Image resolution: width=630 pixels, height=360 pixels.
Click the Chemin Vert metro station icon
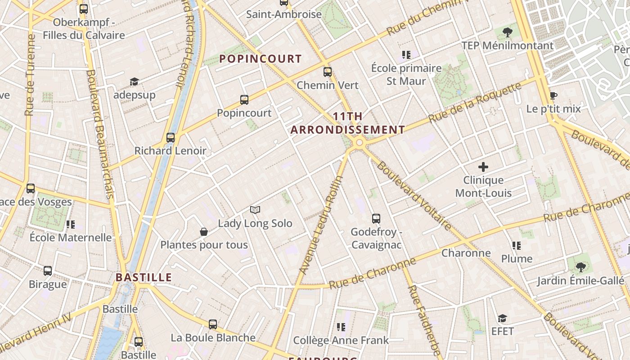click(328, 72)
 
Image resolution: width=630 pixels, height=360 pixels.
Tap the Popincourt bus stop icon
click(244, 99)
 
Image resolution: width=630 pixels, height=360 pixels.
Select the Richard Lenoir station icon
click(170, 137)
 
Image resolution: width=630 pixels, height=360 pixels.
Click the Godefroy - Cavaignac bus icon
click(376, 219)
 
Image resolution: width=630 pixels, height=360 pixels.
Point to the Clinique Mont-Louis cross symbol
click(483, 167)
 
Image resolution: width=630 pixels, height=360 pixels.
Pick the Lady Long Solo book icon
click(255, 210)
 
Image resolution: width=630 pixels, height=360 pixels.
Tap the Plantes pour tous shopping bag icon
click(204, 232)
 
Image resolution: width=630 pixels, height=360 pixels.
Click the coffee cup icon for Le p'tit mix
click(553, 96)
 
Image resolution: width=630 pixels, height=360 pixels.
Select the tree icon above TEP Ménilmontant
click(507, 32)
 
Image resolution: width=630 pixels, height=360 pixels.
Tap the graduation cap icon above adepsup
click(134, 81)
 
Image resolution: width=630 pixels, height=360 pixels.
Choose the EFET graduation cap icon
click(502, 318)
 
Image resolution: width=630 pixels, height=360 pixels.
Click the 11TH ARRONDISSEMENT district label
click(347, 123)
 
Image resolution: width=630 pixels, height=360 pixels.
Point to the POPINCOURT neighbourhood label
click(261, 58)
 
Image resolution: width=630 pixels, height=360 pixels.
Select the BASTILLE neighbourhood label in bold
click(144, 277)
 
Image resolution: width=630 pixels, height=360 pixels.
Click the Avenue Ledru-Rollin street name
click(321, 225)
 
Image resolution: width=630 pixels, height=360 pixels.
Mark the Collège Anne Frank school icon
click(341, 327)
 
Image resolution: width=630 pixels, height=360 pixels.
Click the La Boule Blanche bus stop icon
click(213, 324)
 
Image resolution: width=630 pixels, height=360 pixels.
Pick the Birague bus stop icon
click(48, 271)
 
